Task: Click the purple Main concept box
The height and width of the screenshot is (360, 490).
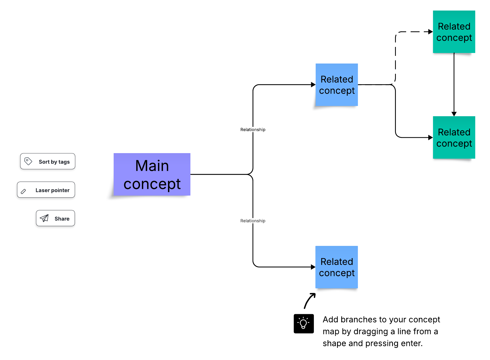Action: pos(152,174)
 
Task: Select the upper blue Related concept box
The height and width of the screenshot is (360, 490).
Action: pos(337,85)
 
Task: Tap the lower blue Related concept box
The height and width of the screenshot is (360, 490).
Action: pos(337,267)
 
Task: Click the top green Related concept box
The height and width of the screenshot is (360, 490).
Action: pos(454,32)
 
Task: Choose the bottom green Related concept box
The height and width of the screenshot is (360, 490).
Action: pos(454,137)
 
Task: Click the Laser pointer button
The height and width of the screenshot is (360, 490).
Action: pos(46,190)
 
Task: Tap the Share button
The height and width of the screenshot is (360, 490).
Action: pos(55,218)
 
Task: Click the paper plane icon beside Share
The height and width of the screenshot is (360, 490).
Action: pos(44,218)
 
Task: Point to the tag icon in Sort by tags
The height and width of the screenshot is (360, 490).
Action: pos(28,161)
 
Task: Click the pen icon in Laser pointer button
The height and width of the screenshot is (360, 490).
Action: pos(23,191)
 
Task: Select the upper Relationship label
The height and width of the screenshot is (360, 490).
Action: pos(253,130)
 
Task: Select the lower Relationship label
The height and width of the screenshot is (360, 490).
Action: pos(253,221)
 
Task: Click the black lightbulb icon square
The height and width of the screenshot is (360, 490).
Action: pos(304,324)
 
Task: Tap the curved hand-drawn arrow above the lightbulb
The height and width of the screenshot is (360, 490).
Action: pos(309,300)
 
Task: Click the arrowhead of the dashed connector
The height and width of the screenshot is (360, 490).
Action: pos(430,32)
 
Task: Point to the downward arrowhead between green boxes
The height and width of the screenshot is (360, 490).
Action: pos(454,114)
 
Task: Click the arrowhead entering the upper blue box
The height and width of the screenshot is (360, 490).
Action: pos(313,85)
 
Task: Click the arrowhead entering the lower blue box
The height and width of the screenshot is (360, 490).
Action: pos(313,267)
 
